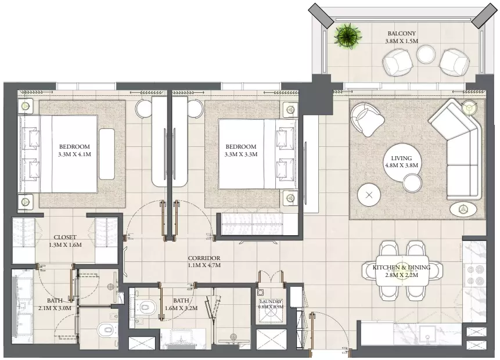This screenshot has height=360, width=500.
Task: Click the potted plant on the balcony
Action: pos(348,35)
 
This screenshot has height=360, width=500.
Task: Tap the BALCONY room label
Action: pos(401,33)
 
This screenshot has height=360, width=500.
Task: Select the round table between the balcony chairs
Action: pos(426,55)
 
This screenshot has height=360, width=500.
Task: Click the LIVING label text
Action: pos(401,158)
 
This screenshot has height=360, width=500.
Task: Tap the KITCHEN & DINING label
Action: pos(401,268)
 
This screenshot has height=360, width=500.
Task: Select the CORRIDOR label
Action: pos(204,258)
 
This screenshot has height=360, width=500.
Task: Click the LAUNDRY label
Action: pos(271,301)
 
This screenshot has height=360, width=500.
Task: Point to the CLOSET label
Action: pos(65,237)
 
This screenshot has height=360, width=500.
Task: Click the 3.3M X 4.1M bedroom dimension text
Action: pos(74,154)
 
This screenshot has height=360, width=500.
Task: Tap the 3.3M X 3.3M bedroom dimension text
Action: pos(241,154)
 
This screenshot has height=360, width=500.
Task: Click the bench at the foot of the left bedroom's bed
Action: pos(107,154)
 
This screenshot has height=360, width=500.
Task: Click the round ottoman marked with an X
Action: pos(369,195)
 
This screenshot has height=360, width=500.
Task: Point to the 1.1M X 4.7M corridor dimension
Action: pos(204,265)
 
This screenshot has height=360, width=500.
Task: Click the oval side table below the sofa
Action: pos(463,209)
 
